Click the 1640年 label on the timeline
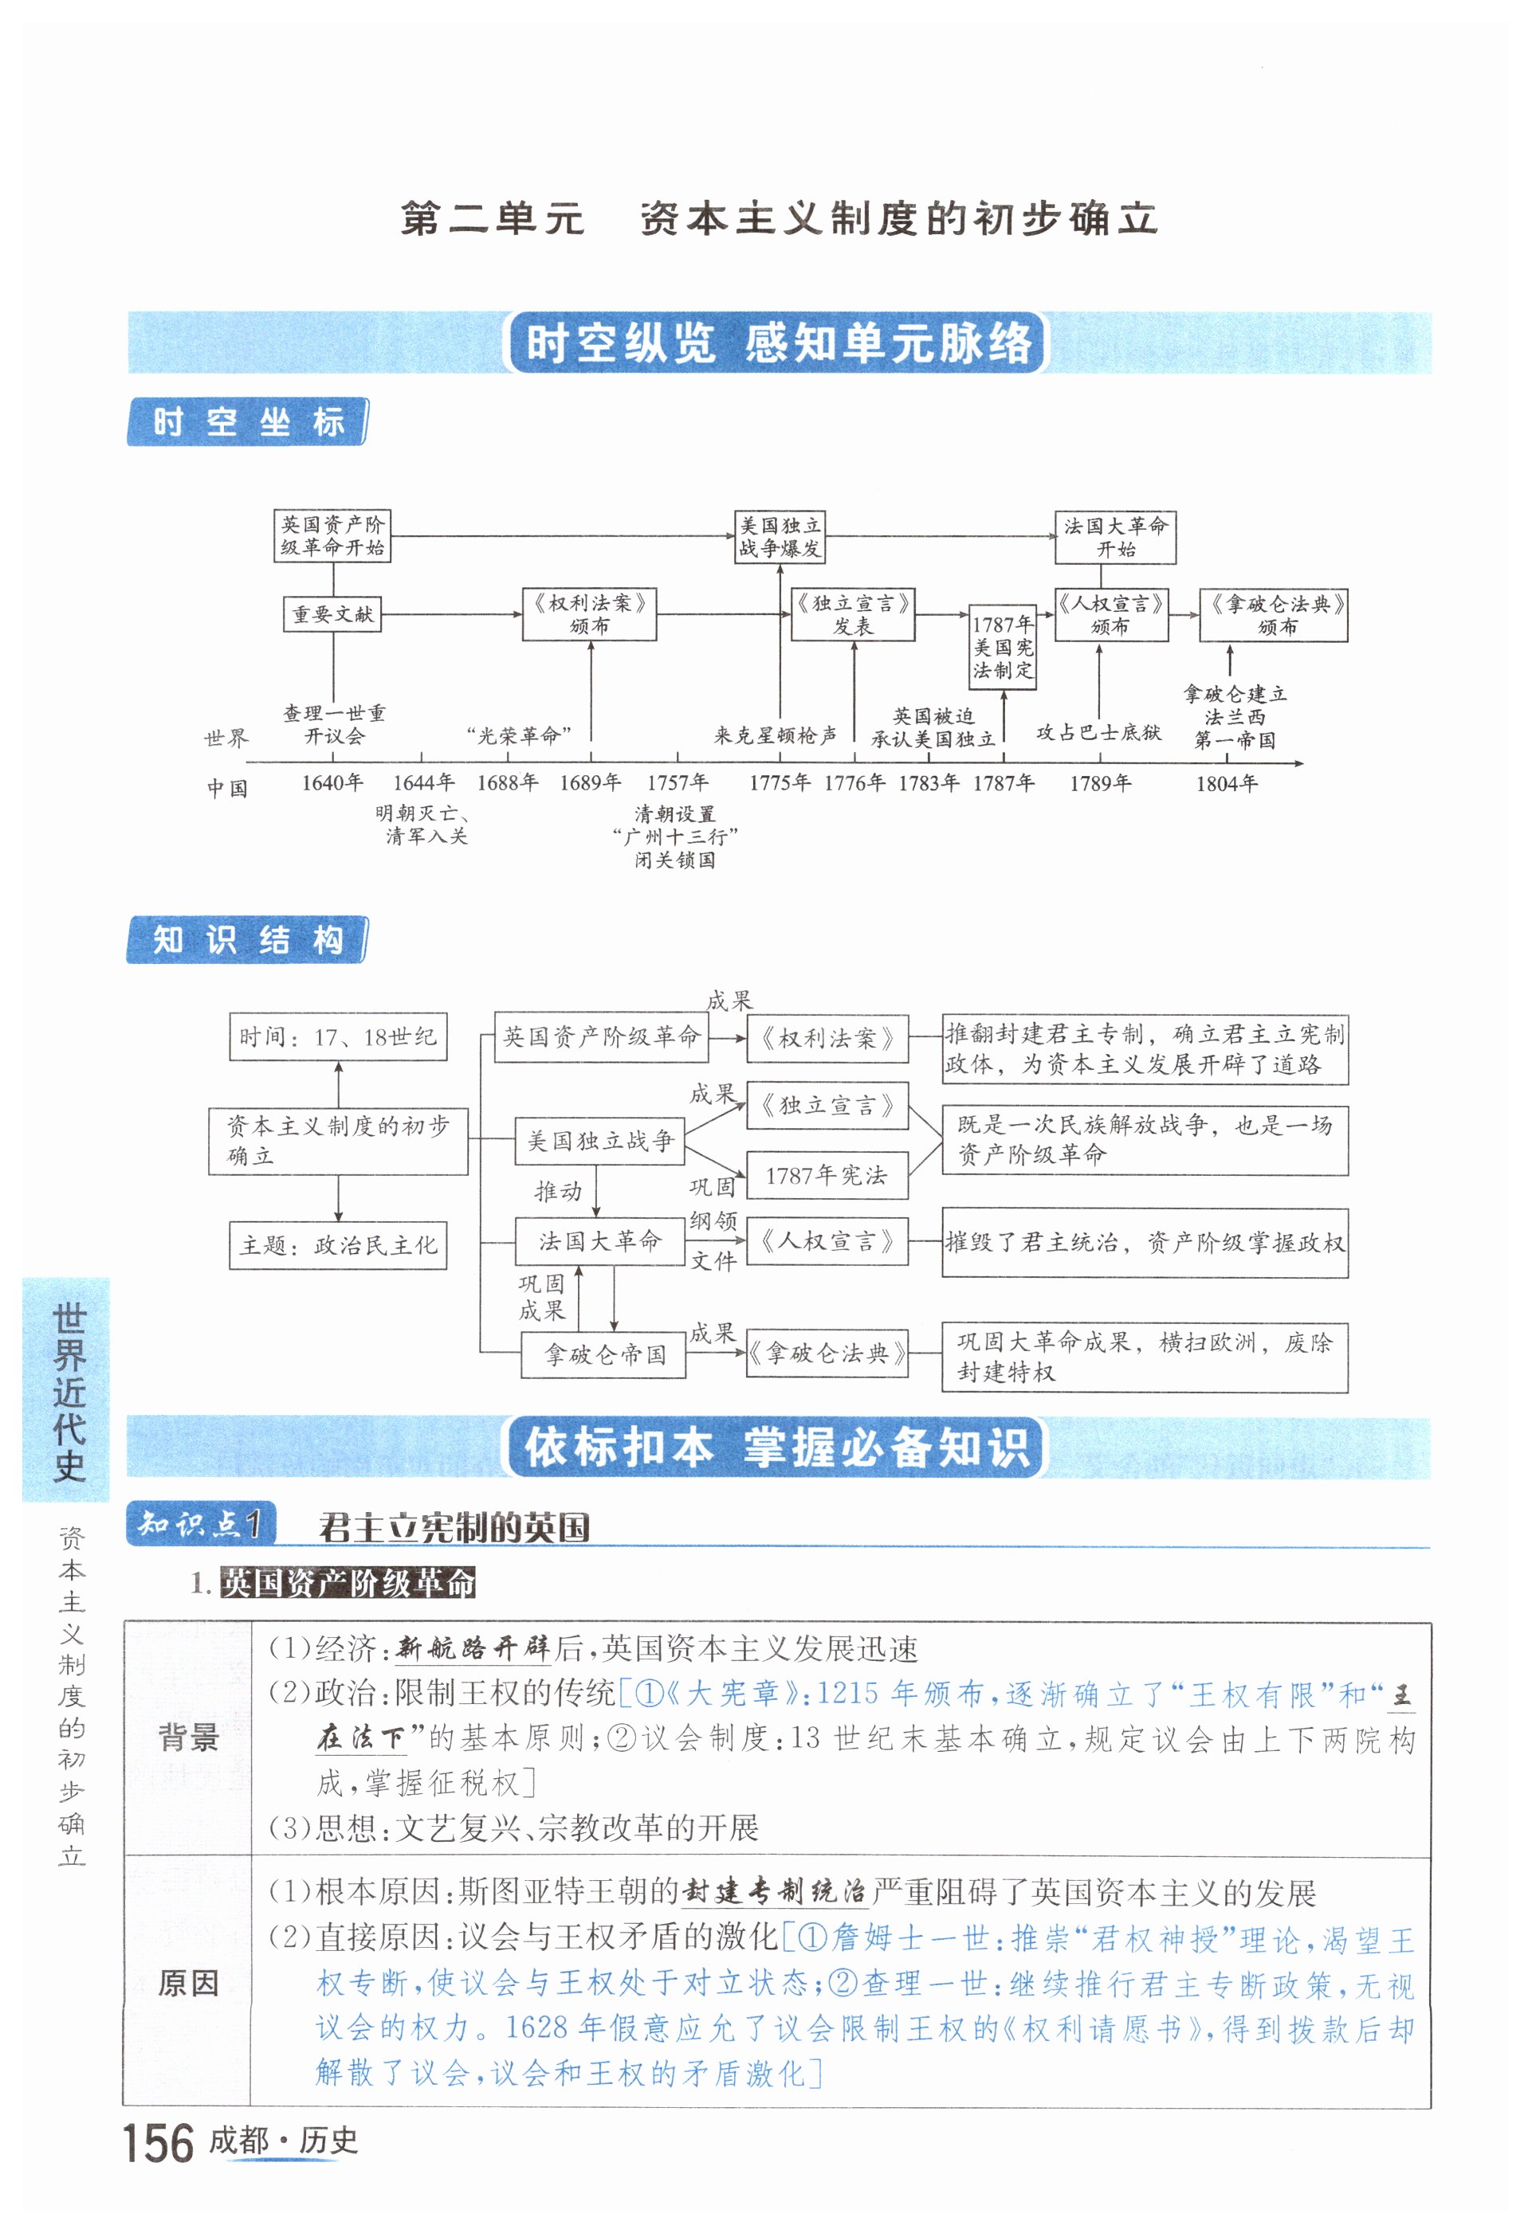pyautogui.click(x=332, y=782)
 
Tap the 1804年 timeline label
pyautogui.click(x=1227, y=783)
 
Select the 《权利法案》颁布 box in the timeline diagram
pyautogui.click(x=589, y=614)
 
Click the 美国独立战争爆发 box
pyautogui.click(x=780, y=536)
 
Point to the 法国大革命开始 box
pyautogui.click(x=1115, y=537)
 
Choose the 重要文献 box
pyautogui.click(x=332, y=614)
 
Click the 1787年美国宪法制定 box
pyautogui.click(x=1003, y=647)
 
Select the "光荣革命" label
pyautogui.click(x=519, y=736)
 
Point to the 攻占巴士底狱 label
pyautogui.click(x=1098, y=732)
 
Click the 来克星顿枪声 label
pyautogui.click(x=775, y=736)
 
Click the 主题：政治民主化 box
pyautogui.click(x=337, y=1245)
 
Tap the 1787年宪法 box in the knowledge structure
pyautogui.click(x=827, y=1175)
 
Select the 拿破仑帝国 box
pyautogui.click(x=603, y=1355)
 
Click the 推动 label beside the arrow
pyautogui.click(x=557, y=1192)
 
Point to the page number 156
pyautogui.click(x=159, y=2144)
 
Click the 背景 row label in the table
pyautogui.click(x=188, y=1737)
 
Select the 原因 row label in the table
pyautogui.click(x=188, y=1982)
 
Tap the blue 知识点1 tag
pyautogui.click(x=201, y=1524)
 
